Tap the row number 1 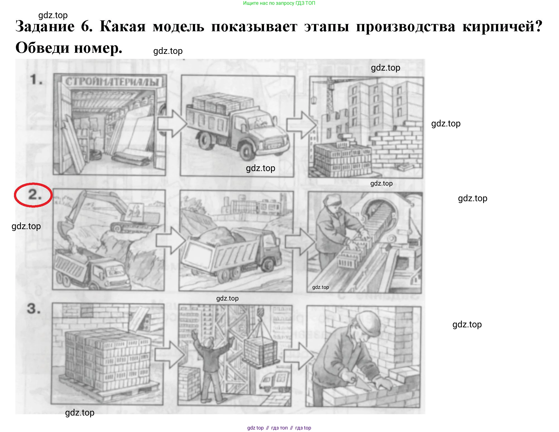(36, 79)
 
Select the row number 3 (34, 308)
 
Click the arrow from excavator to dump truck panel (171, 240)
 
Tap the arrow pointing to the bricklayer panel (299, 356)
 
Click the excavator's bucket (62, 231)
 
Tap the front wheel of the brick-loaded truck (246, 152)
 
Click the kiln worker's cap (332, 199)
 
